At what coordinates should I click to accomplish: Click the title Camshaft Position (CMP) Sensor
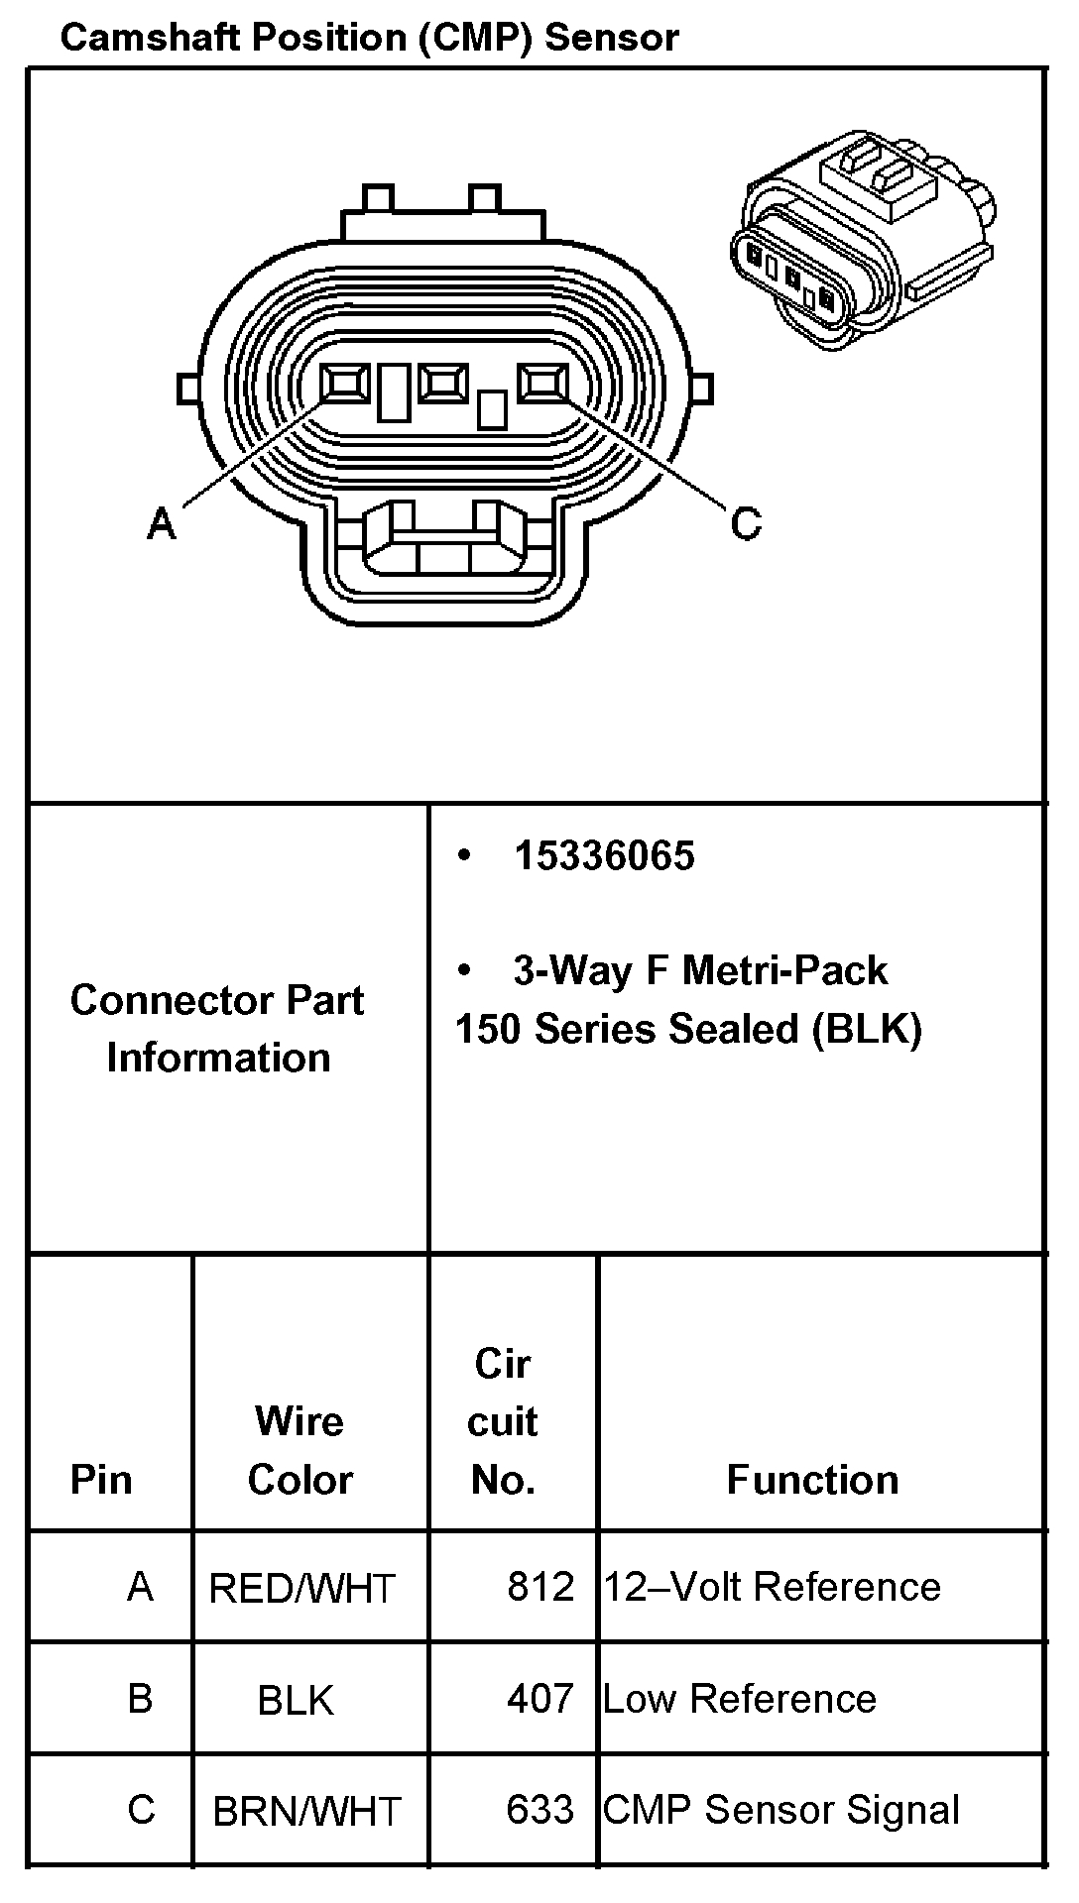(369, 38)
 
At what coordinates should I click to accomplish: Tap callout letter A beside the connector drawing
(161, 522)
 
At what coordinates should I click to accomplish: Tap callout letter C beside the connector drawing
(746, 522)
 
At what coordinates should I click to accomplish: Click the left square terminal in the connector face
(345, 384)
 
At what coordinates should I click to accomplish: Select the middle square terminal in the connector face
(443, 383)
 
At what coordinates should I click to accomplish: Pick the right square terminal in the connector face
(543, 383)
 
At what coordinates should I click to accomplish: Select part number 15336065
(604, 856)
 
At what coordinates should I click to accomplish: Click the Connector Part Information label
(218, 1029)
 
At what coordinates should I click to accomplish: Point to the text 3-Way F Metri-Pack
(700, 970)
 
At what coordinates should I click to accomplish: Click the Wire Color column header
(300, 1450)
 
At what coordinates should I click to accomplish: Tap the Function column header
(812, 1480)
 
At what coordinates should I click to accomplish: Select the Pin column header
(101, 1480)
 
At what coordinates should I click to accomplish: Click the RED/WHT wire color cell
(301, 1589)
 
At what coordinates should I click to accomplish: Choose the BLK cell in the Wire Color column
(296, 1701)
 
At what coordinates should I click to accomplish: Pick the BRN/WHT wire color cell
(306, 1812)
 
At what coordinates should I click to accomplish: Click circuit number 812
(540, 1587)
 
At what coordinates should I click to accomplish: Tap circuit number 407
(540, 1699)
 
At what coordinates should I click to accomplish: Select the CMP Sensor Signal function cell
(781, 1810)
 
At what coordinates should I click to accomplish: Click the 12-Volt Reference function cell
(773, 1587)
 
